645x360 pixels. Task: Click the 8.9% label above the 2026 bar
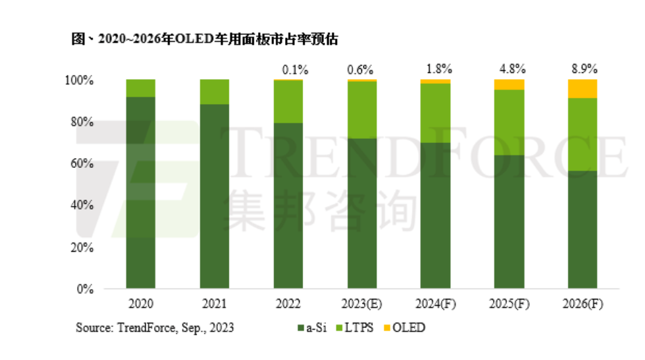[583, 69]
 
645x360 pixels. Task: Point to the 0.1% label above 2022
[288, 69]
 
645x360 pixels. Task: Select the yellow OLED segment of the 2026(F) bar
[583, 89]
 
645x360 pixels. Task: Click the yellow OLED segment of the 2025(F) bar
[509, 85]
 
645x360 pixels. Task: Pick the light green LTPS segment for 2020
[141, 88]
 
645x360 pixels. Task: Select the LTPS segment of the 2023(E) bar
[361, 110]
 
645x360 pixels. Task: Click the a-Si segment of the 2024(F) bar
[435, 215]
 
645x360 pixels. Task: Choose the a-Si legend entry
[312, 327]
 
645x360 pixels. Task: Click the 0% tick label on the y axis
[85, 289]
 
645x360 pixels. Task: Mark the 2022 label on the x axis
[288, 303]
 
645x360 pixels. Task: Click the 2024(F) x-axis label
[435, 303]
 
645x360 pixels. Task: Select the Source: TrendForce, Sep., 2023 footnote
[155, 327]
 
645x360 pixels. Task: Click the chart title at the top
[205, 39]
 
